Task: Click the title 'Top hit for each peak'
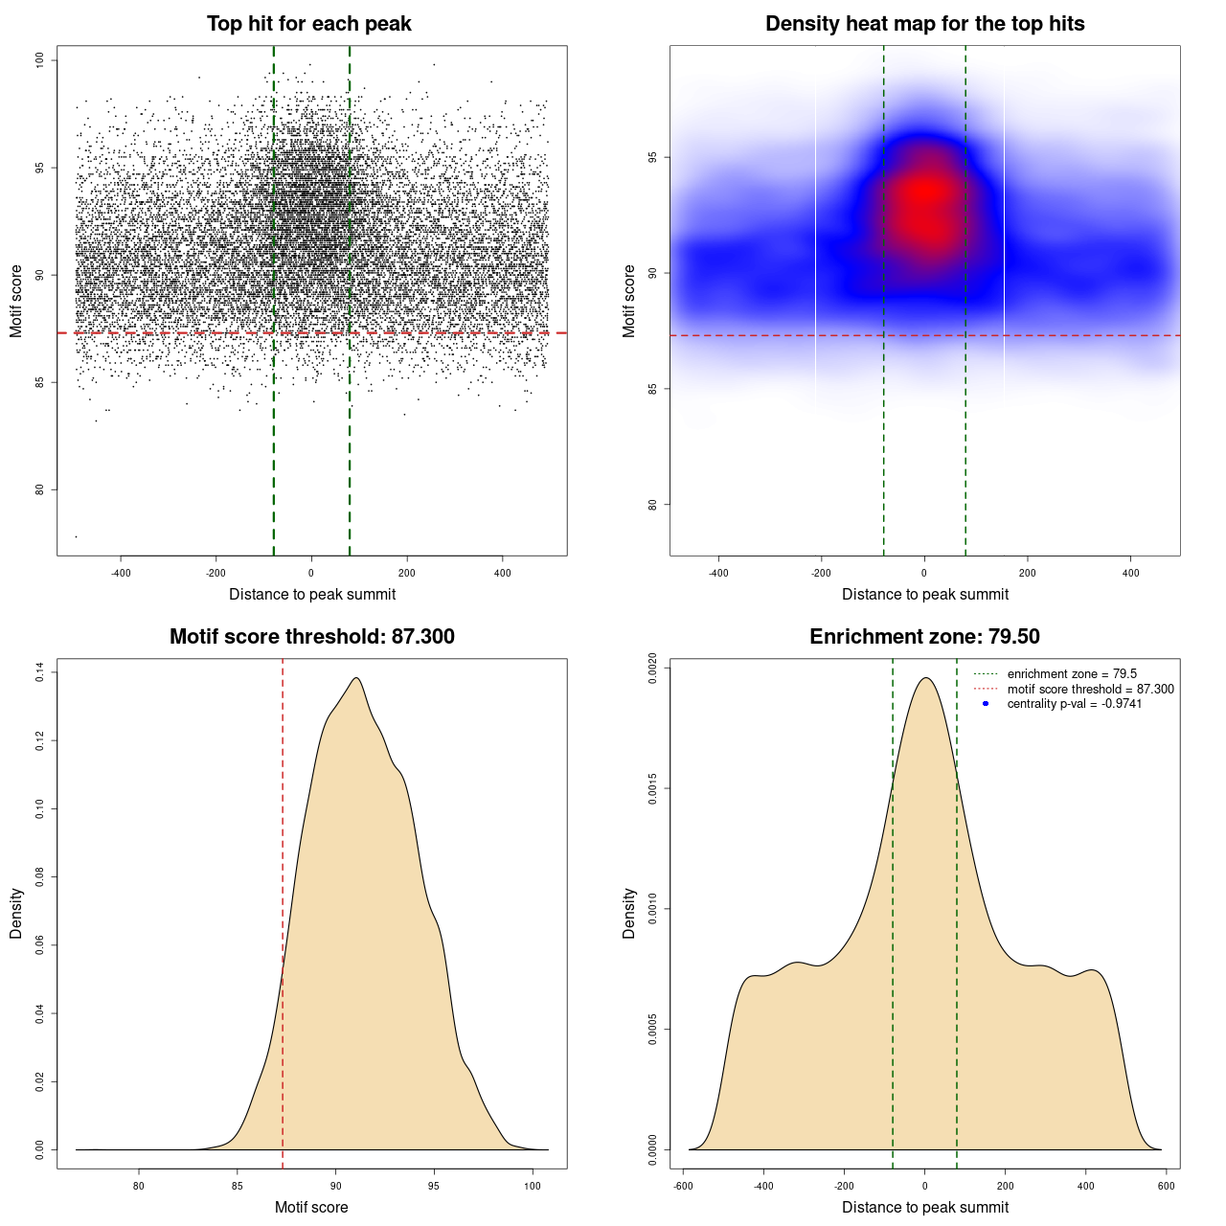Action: pyautogui.click(x=308, y=24)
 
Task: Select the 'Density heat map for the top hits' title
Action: pyautogui.click(x=924, y=24)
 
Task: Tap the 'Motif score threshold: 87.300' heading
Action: pyautogui.click(x=311, y=637)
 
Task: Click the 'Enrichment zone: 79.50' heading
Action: pyautogui.click(x=924, y=637)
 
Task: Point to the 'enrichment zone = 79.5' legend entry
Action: pyautogui.click(x=1072, y=674)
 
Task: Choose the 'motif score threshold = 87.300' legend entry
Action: pyautogui.click(x=1090, y=689)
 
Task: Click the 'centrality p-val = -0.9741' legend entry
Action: pyautogui.click(x=1074, y=704)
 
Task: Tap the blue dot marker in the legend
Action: pyautogui.click(x=986, y=704)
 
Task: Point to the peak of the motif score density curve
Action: pyautogui.click(x=356, y=678)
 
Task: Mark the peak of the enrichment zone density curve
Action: pyautogui.click(x=925, y=678)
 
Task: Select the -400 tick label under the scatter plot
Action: pyautogui.click(x=121, y=573)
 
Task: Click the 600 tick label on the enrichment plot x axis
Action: pyautogui.click(x=1166, y=1186)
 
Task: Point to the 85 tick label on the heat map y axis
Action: pyautogui.click(x=653, y=389)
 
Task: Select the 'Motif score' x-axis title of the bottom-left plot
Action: pyautogui.click(x=311, y=1207)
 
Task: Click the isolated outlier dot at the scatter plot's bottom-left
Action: pyautogui.click(x=76, y=536)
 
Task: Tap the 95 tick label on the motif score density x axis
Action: pyautogui.click(x=434, y=1186)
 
